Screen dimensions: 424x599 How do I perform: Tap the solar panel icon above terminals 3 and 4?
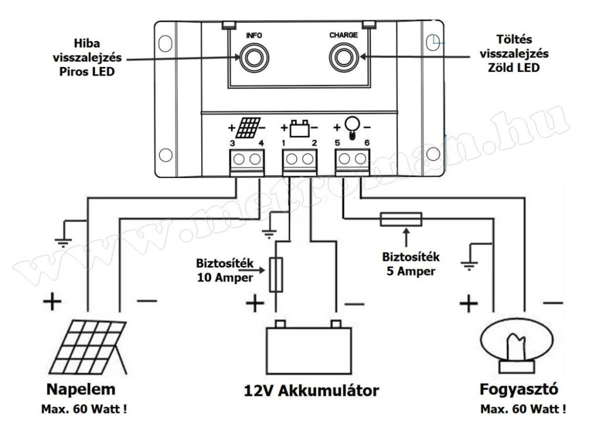point(250,126)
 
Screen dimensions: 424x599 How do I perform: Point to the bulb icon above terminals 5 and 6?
point(352,126)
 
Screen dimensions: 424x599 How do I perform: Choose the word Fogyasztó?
point(515,389)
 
